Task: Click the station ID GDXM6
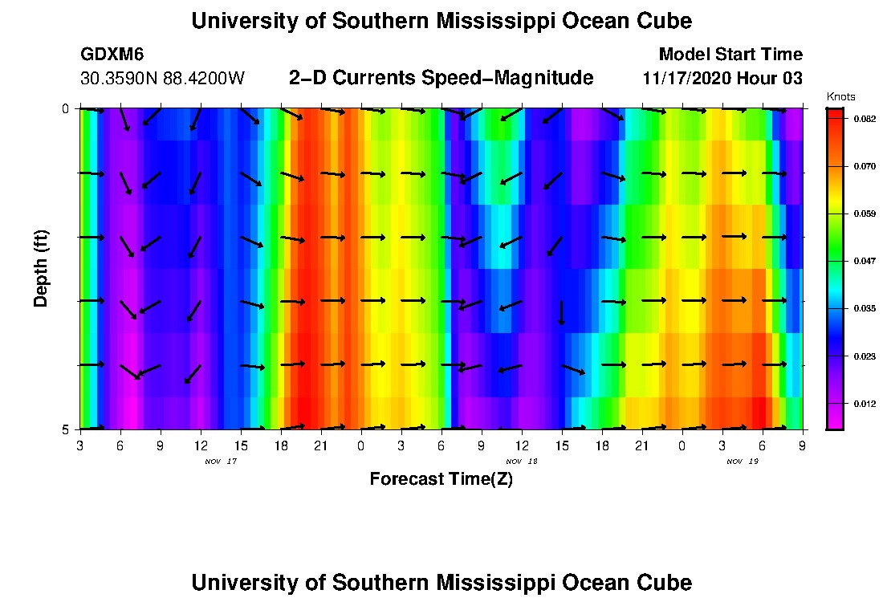tap(112, 55)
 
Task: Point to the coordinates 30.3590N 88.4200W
tap(162, 79)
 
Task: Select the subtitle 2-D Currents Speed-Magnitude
tap(441, 78)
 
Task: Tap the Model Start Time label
tap(730, 55)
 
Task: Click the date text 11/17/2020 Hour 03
tap(722, 79)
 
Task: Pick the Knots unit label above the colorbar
tap(840, 97)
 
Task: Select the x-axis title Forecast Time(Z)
tap(441, 479)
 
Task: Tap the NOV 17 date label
tap(221, 462)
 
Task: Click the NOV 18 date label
tap(522, 462)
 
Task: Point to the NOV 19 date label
tap(743, 462)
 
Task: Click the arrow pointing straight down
tap(562, 313)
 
